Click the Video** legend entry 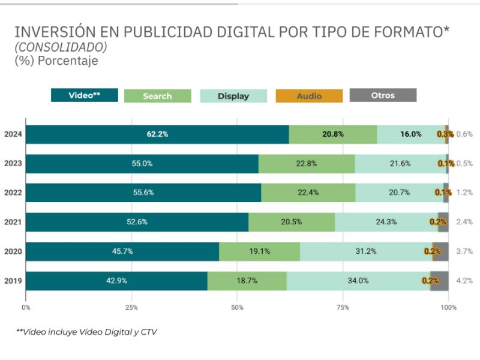[x=84, y=95]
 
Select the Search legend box [x=157, y=96]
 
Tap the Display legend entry [x=233, y=96]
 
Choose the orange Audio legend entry [x=309, y=96]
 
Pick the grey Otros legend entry [x=383, y=95]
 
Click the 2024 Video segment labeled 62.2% [x=157, y=134]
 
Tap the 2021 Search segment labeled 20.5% [x=291, y=222]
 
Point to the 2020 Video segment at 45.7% [x=122, y=251]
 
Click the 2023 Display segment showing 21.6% [x=400, y=164]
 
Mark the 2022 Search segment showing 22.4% [x=308, y=193]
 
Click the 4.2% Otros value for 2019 [x=465, y=281]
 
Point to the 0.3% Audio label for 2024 [x=445, y=134]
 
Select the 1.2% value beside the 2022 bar [x=465, y=193]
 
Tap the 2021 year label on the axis [x=13, y=222]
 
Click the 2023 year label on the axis [x=13, y=164]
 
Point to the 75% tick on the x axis [x=343, y=307]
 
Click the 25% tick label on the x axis [x=131, y=307]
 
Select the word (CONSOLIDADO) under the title [x=61, y=47]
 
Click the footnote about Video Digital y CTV [x=86, y=332]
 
